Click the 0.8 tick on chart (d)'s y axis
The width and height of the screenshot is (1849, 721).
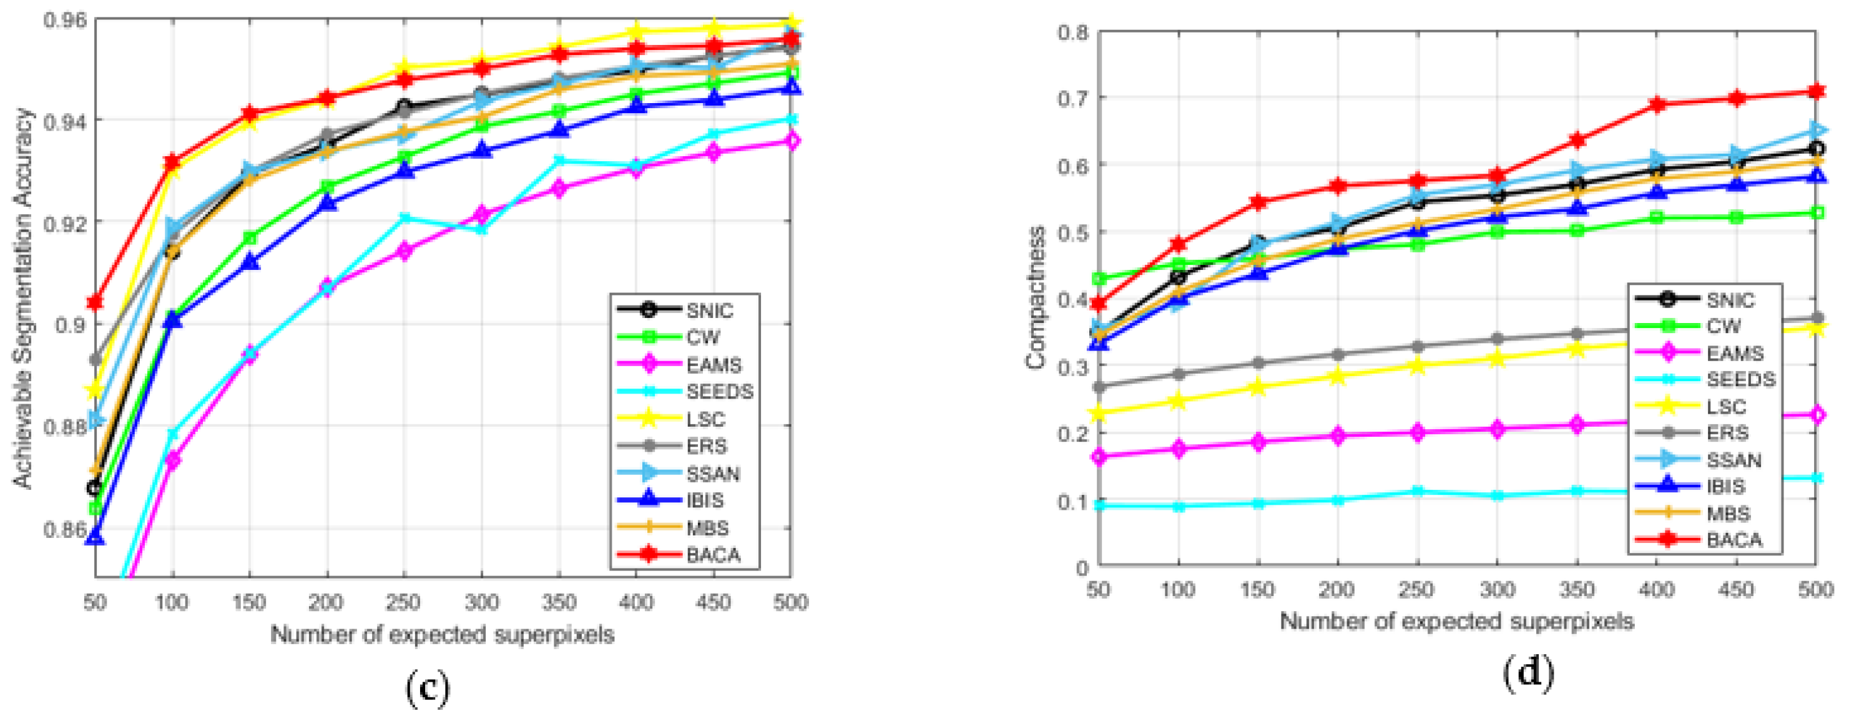click(1072, 32)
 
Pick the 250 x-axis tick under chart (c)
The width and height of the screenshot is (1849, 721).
click(403, 602)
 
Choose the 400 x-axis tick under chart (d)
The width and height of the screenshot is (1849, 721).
click(1655, 590)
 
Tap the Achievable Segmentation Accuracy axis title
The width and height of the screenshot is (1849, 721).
click(23, 298)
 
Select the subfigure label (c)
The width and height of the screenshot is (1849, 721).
click(428, 687)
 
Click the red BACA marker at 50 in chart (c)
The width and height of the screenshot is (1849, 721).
click(95, 302)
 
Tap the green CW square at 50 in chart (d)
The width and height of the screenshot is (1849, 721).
click(1099, 279)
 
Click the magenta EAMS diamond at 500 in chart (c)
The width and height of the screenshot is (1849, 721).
click(791, 141)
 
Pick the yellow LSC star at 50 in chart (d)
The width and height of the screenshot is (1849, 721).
click(1099, 414)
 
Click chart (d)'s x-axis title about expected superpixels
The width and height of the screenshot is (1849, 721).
click(1456, 621)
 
